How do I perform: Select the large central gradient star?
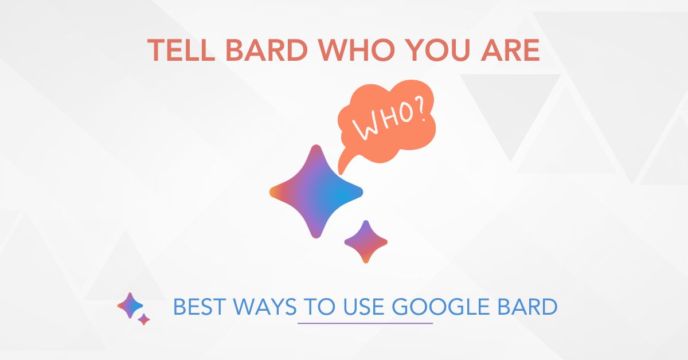pyautogui.click(x=316, y=191)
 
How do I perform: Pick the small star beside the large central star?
pyautogui.click(x=366, y=241)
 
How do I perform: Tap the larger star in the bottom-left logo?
pyautogui.click(x=130, y=306)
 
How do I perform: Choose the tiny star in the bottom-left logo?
pyautogui.click(x=144, y=319)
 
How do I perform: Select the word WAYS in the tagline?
pyautogui.click(x=264, y=308)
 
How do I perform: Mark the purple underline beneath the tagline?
pyautogui.click(x=365, y=323)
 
